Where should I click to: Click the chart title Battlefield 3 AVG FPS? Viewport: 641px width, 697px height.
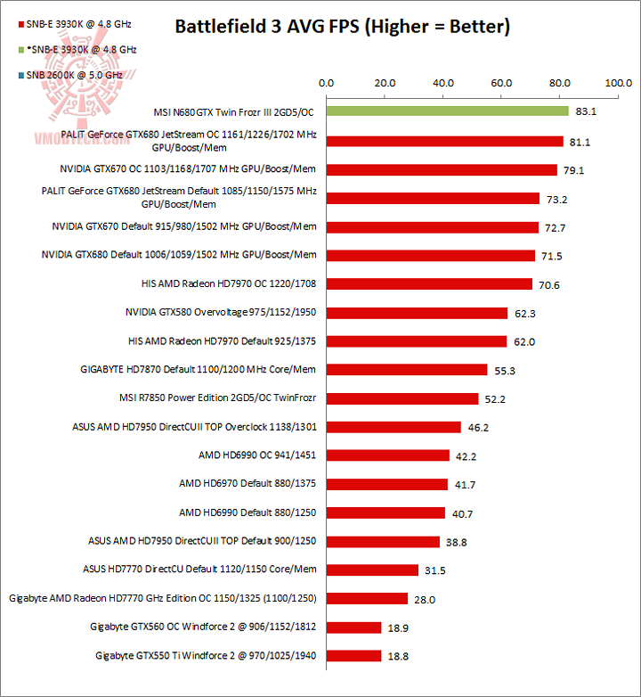pyautogui.click(x=342, y=26)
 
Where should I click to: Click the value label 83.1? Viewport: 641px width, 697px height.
pyautogui.click(x=586, y=112)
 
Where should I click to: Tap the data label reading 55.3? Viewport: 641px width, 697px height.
pyautogui.click(x=505, y=370)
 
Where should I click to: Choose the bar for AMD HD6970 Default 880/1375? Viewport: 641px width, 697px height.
pyautogui.click(x=386, y=484)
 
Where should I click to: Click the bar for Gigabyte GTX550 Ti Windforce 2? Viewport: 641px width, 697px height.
pyautogui.click(x=353, y=656)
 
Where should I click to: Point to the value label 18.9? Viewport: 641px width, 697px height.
pyautogui.click(x=398, y=627)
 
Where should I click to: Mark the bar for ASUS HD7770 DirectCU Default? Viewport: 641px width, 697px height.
pyautogui.click(x=372, y=570)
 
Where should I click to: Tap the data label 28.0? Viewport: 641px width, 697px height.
pyautogui.click(x=425, y=599)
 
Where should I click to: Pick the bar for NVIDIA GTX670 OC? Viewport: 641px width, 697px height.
pyautogui.click(x=442, y=169)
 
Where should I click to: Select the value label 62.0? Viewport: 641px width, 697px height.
pyautogui.click(x=524, y=341)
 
